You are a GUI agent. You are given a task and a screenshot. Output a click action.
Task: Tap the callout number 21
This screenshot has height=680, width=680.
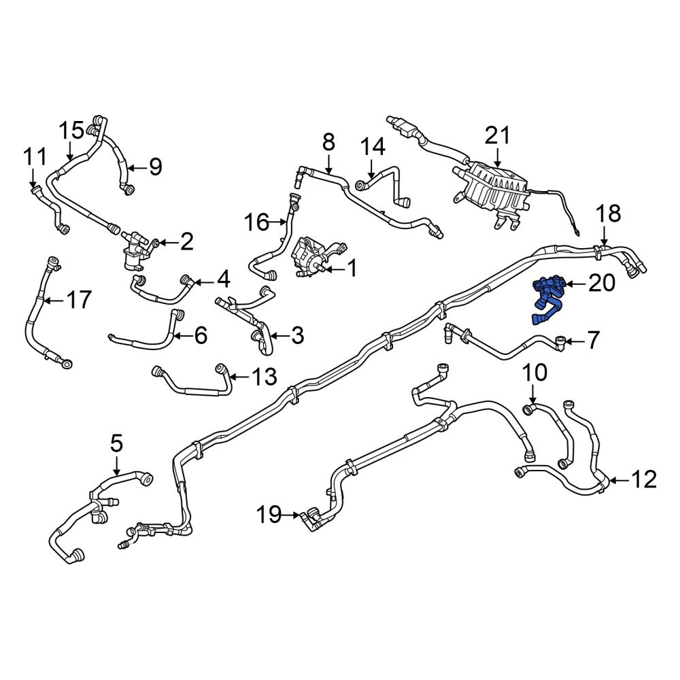498,136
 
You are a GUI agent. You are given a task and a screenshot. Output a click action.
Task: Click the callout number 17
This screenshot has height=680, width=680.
78,299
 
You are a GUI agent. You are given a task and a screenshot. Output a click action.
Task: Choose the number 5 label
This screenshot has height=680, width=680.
117,443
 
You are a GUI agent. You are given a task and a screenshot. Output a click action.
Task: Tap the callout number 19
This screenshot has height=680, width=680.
271,515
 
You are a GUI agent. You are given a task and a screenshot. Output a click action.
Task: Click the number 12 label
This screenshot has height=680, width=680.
643,480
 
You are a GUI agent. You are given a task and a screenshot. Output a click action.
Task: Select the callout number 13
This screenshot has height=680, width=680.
264,377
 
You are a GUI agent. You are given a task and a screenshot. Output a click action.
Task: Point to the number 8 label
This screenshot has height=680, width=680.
328,142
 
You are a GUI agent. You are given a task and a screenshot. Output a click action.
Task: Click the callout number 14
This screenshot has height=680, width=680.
373,147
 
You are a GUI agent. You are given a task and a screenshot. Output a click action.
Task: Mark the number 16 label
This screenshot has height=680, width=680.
257,222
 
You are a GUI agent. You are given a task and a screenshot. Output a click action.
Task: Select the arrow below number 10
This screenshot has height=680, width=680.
533,394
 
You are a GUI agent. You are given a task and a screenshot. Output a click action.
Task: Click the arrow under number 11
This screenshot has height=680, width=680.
33,178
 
